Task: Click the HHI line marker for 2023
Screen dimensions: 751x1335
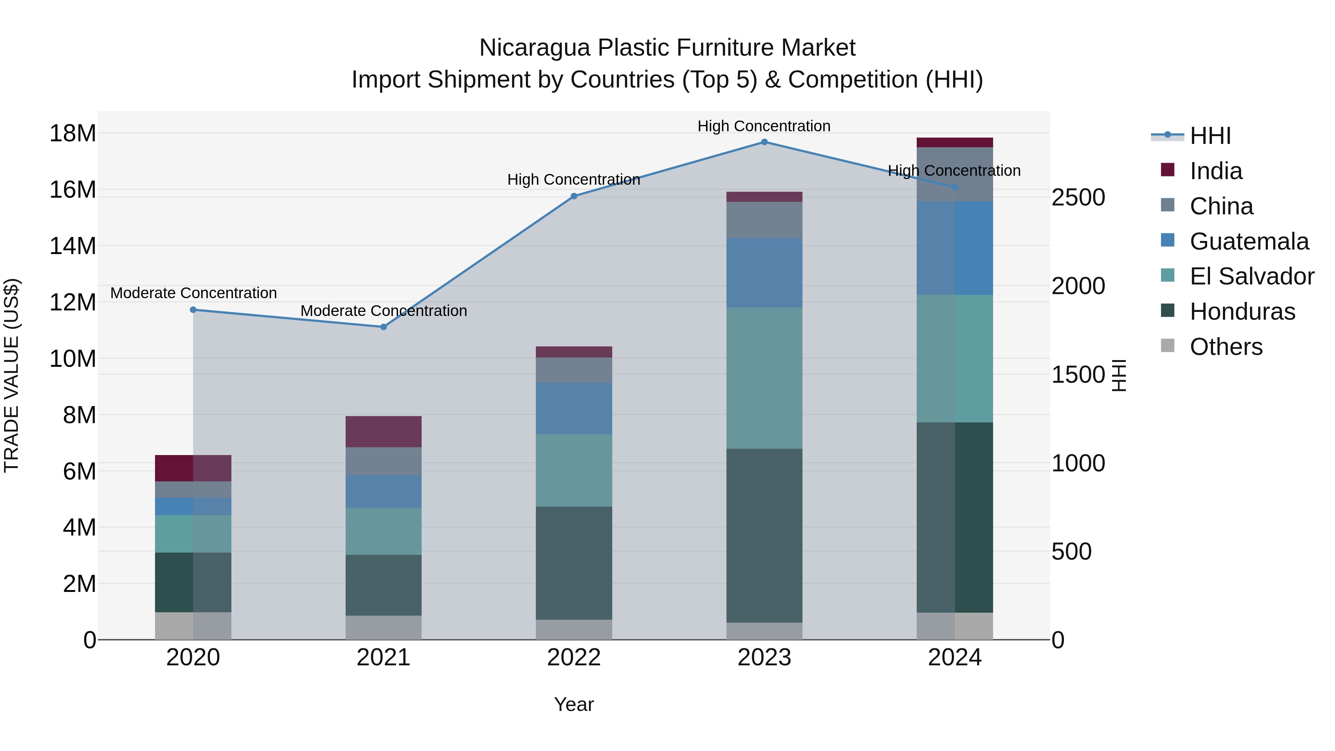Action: pyautogui.click(x=764, y=142)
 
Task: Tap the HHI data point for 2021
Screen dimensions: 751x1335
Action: pyautogui.click(x=383, y=327)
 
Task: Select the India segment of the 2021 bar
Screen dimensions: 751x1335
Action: pyautogui.click(x=383, y=431)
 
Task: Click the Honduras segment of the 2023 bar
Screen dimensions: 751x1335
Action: pyautogui.click(x=764, y=536)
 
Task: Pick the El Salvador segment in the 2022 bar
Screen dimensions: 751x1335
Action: pyautogui.click(x=574, y=470)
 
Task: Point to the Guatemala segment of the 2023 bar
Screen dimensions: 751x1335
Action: pyautogui.click(x=764, y=273)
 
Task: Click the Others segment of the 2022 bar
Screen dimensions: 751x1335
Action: pyautogui.click(x=574, y=629)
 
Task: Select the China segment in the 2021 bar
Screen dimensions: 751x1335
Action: pyautogui.click(x=383, y=461)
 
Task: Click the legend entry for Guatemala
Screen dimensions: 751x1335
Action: pyautogui.click(x=1249, y=241)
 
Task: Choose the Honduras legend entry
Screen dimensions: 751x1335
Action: pyautogui.click(x=1242, y=312)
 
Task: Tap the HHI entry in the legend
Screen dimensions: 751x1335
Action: pyautogui.click(x=1210, y=136)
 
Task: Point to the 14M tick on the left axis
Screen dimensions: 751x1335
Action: pyautogui.click(x=73, y=246)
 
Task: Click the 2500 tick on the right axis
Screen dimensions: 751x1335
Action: pyautogui.click(x=1078, y=197)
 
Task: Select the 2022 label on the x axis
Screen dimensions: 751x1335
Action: pyautogui.click(x=574, y=658)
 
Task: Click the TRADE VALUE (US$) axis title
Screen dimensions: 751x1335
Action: pyautogui.click(x=11, y=375)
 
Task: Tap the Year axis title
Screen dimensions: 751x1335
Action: pyautogui.click(x=574, y=704)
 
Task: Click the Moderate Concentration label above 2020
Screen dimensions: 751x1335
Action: pyautogui.click(x=193, y=293)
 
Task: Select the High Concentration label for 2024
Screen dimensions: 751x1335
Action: pyautogui.click(x=954, y=171)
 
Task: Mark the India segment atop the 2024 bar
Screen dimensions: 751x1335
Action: pyautogui.click(x=955, y=142)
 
